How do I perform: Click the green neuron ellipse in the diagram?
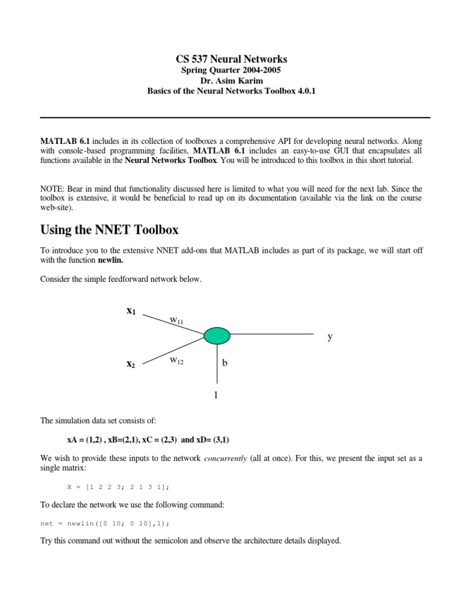click(x=217, y=335)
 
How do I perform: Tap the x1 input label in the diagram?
click(x=131, y=310)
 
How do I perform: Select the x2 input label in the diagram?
click(x=131, y=364)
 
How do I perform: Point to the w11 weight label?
click(x=177, y=321)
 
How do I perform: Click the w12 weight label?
click(x=177, y=360)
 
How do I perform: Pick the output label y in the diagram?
click(x=330, y=337)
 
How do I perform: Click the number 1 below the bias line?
click(x=217, y=394)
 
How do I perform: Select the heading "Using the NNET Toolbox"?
click(x=109, y=230)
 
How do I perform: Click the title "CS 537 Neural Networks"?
click(x=231, y=59)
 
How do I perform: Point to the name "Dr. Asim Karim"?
click(x=231, y=80)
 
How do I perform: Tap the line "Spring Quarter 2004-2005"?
click(x=231, y=70)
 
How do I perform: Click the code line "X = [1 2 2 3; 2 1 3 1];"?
click(x=118, y=486)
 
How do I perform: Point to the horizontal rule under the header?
click(x=234, y=118)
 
